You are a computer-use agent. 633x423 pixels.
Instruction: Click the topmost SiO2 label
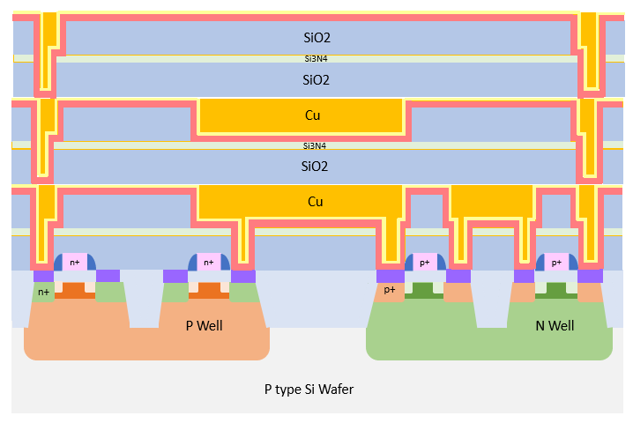pyautogui.click(x=315, y=37)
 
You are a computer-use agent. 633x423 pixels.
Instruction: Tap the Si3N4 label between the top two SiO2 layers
pyautogui.click(x=315, y=58)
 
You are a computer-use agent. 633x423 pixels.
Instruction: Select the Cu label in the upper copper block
pyautogui.click(x=315, y=115)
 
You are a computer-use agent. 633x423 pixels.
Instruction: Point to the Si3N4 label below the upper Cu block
pyautogui.click(x=315, y=145)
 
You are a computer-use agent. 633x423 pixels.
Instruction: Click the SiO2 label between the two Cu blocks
pyautogui.click(x=315, y=166)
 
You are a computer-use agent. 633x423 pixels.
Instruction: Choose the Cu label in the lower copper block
pyautogui.click(x=315, y=202)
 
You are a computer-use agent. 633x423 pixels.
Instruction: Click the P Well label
pyautogui.click(x=204, y=326)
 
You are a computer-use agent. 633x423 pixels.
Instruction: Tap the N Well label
pyautogui.click(x=555, y=326)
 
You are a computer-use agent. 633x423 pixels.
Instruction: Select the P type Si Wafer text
pyautogui.click(x=309, y=389)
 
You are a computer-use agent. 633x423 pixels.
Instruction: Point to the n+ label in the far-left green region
pyautogui.click(x=43, y=292)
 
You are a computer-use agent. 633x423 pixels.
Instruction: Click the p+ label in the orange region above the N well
pyautogui.click(x=390, y=289)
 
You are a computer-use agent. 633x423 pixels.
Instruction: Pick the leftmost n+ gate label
pyautogui.click(x=75, y=263)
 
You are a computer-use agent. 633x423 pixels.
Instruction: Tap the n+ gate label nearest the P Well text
pyautogui.click(x=209, y=263)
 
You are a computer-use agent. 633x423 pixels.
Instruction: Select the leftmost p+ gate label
pyautogui.click(x=425, y=263)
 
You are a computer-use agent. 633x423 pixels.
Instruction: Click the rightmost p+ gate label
pyautogui.click(x=556, y=263)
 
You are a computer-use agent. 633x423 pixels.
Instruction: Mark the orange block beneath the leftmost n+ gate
pyautogui.click(x=75, y=290)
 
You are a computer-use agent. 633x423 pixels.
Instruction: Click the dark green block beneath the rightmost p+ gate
pyautogui.click(x=556, y=289)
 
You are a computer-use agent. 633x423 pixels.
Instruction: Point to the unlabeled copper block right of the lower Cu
pyautogui.click(x=491, y=203)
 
